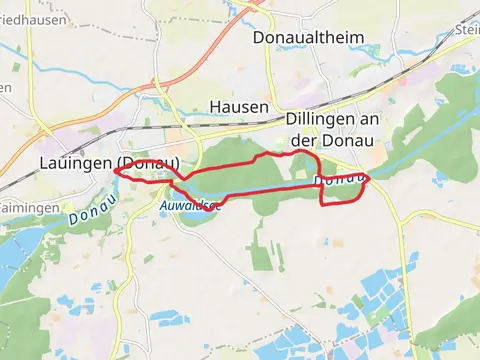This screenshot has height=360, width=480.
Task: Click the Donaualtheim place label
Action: click(309, 37)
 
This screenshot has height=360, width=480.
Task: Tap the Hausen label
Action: click(239, 107)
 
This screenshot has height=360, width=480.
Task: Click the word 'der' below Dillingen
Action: click(303, 141)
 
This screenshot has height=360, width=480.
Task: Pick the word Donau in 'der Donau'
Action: click(343, 141)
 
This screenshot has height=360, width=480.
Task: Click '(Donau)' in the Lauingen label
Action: click(148, 162)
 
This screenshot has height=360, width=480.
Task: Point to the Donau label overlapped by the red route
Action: click(339, 180)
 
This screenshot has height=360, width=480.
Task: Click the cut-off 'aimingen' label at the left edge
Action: click(29, 207)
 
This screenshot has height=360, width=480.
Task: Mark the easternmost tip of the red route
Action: click(369, 178)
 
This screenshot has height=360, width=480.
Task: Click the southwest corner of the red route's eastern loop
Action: click(322, 203)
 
